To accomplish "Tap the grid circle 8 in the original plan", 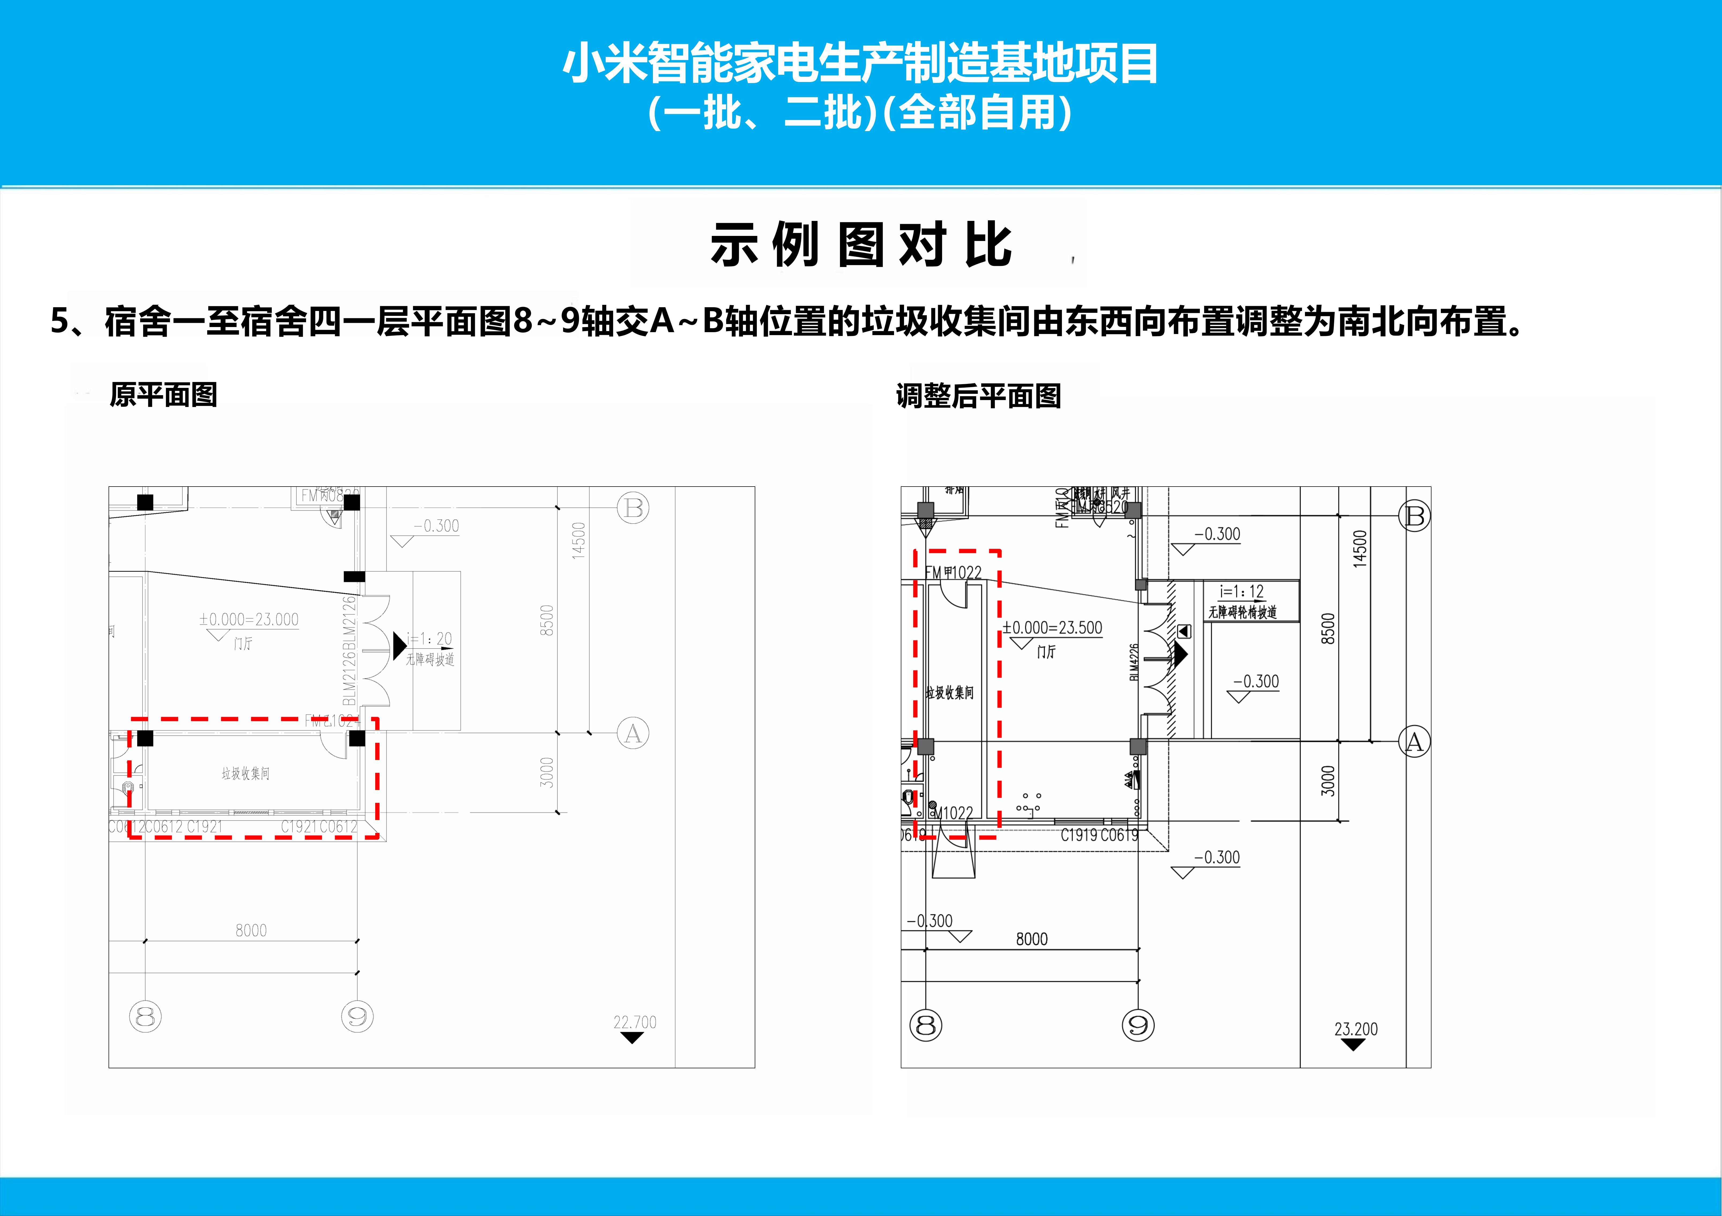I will click(146, 1017).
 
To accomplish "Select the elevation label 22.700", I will click(634, 1022).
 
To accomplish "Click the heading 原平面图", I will click(163, 395).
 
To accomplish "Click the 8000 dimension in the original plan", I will click(251, 930).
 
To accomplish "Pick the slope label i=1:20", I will click(430, 639).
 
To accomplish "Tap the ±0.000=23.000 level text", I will click(248, 620).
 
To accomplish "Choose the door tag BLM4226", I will click(1134, 662).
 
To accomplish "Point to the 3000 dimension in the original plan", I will click(547, 773).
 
